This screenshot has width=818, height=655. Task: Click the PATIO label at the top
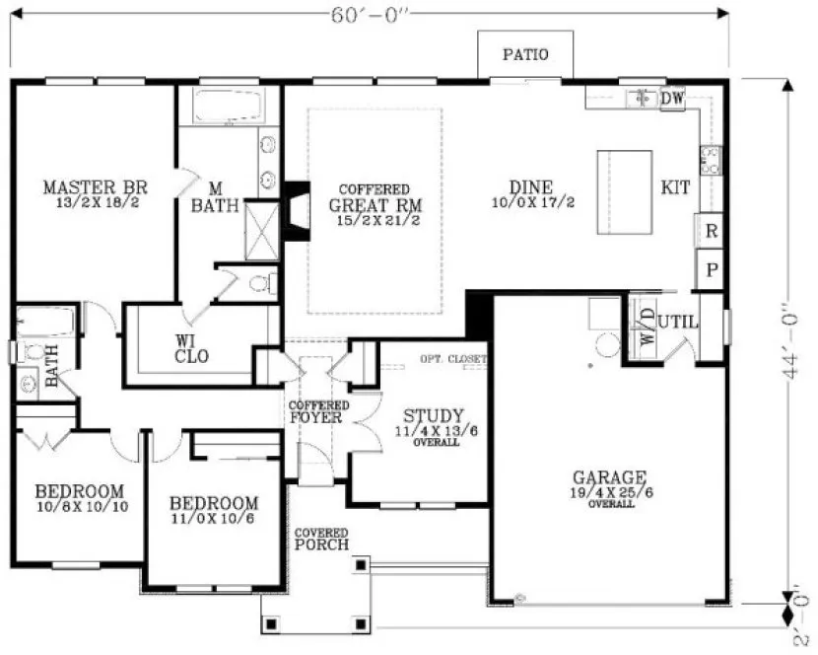tap(525, 55)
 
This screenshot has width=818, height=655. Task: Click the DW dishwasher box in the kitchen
tap(672, 99)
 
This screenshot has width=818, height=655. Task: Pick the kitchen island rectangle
tap(625, 191)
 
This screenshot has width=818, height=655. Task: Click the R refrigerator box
tap(711, 231)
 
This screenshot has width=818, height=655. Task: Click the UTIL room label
tap(679, 321)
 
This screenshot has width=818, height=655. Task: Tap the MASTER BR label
tap(95, 186)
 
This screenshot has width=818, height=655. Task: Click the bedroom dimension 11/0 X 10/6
tap(213, 518)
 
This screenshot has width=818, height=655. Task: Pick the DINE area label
tap(531, 187)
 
